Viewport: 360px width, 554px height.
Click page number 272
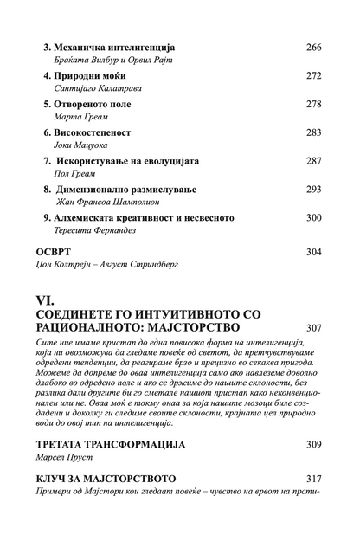coord(314,74)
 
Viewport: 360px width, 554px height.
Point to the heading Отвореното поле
coord(88,104)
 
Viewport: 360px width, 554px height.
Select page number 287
coord(314,161)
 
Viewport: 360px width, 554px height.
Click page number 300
coord(314,218)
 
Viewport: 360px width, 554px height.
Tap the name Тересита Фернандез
coord(95,232)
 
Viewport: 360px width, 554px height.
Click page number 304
coord(314,252)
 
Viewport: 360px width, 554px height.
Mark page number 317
coord(314,478)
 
